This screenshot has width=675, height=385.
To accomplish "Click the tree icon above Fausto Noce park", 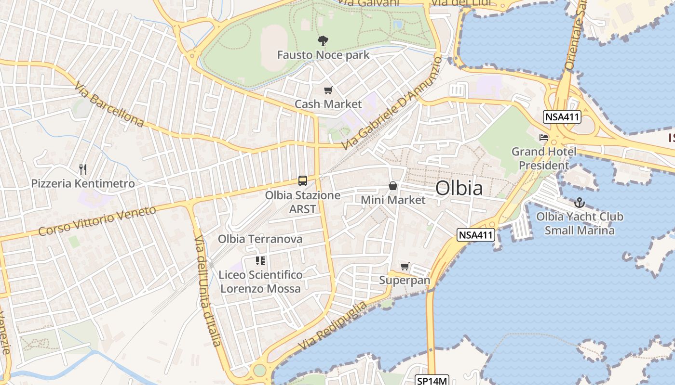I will (323, 41).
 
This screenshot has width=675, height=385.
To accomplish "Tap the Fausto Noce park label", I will (323, 55).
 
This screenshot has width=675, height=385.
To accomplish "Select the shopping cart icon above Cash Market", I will (328, 90).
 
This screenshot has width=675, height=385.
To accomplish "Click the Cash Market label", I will (328, 104).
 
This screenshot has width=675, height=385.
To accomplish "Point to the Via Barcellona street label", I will (109, 104).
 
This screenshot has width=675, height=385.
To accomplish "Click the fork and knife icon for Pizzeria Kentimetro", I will (83, 169).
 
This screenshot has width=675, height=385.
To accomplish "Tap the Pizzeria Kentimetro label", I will (83, 183).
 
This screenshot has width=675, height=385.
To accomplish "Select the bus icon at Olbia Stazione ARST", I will (303, 181).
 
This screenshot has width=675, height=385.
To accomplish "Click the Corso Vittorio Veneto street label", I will (97, 221).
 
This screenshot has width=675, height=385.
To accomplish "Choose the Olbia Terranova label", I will (260, 239).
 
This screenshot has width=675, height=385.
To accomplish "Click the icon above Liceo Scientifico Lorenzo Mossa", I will (260, 261).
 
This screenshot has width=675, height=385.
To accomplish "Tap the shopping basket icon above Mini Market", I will (393, 186).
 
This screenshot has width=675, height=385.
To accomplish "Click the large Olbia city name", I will (459, 188).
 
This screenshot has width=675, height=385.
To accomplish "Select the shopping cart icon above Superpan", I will (405, 266).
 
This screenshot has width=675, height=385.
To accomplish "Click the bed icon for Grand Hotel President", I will (544, 138).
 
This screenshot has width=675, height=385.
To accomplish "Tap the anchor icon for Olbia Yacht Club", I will (580, 203).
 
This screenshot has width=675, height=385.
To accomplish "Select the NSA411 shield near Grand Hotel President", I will (562, 117).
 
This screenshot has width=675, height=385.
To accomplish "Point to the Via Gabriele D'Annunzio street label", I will (391, 103).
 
